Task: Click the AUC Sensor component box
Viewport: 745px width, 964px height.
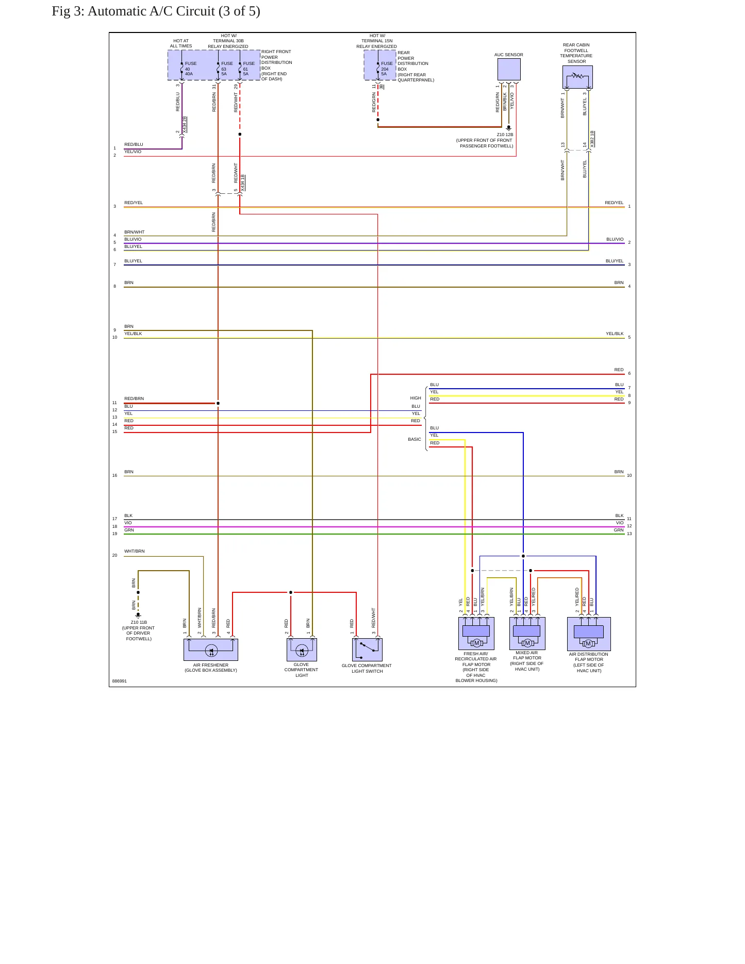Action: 509,69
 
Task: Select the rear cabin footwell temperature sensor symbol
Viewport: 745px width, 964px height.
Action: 577,77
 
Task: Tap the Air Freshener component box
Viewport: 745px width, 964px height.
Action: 211,650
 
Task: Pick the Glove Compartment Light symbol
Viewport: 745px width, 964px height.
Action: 302,650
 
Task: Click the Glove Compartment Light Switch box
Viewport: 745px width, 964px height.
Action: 368,650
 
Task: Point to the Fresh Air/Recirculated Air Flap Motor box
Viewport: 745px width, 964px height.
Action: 476,634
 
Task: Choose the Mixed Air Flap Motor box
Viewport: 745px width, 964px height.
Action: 527,634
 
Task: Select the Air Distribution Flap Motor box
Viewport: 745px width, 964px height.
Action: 589,634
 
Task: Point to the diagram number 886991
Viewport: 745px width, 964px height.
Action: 120,681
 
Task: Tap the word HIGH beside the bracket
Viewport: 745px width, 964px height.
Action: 416,398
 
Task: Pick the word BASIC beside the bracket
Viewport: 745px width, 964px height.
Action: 415,439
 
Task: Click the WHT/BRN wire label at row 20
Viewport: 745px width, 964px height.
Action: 135,551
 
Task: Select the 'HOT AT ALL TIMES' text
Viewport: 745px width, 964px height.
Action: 181,43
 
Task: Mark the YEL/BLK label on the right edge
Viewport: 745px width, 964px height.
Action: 615,334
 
